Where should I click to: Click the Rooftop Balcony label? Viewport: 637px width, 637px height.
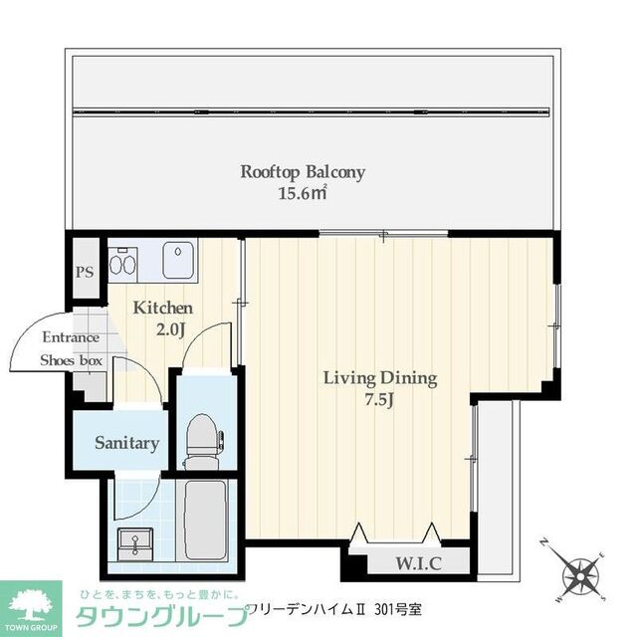tap(303, 172)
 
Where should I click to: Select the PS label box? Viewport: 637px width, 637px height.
tap(85, 271)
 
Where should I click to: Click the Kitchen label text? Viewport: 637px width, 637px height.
tap(162, 308)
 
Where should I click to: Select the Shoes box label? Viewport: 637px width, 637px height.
tap(71, 360)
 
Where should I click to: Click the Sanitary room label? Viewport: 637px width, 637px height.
tap(127, 443)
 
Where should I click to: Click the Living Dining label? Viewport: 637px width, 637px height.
tap(380, 378)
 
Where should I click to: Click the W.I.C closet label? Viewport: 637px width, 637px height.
tap(419, 563)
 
